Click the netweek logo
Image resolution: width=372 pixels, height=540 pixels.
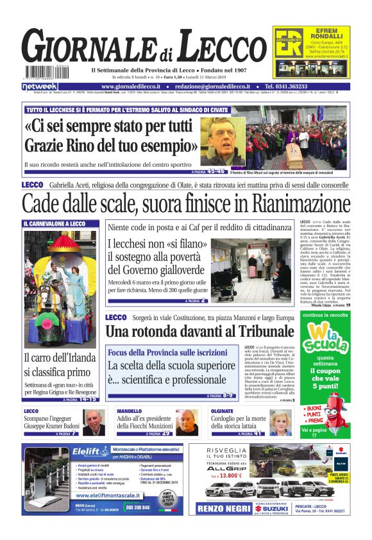click(40, 86)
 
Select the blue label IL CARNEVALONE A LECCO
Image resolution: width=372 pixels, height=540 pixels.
click(54, 224)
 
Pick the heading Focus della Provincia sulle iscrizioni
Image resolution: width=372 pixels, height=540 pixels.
click(167, 353)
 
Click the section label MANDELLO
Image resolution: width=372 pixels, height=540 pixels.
click(130, 411)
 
